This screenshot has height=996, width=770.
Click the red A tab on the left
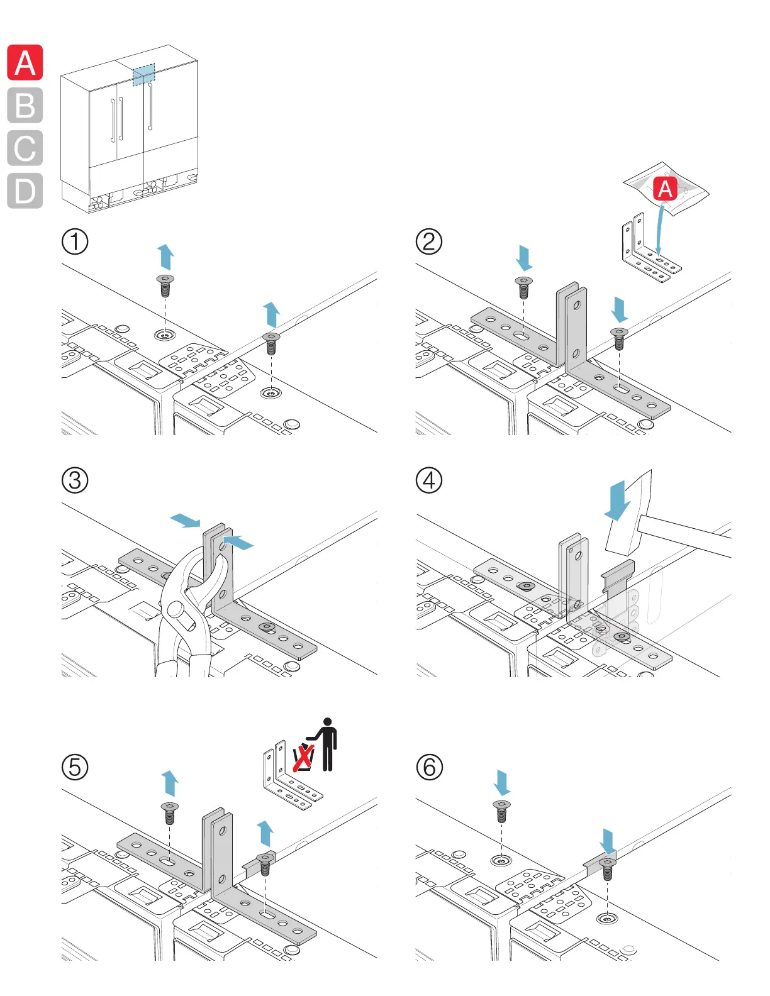click(x=25, y=63)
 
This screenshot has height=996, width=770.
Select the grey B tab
click(x=25, y=106)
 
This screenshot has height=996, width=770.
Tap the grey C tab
click(x=25, y=148)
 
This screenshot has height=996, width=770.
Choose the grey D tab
click(x=25, y=191)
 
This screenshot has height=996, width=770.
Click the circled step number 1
click(x=75, y=241)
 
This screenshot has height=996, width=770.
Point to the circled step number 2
click(x=429, y=241)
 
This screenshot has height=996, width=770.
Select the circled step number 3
click(x=75, y=480)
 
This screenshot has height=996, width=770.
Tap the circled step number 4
click(x=429, y=480)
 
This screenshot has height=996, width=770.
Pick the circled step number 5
click(x=75, y=767)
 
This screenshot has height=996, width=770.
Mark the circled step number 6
click(x=429, y=767)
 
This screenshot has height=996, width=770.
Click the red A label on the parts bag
click(x=665, y=189)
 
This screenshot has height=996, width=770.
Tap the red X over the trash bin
click(x=303, y=757)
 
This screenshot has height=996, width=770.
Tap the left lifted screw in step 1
click(x=165, y=285)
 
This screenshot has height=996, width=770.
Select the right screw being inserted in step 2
click(x=619, y=338)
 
